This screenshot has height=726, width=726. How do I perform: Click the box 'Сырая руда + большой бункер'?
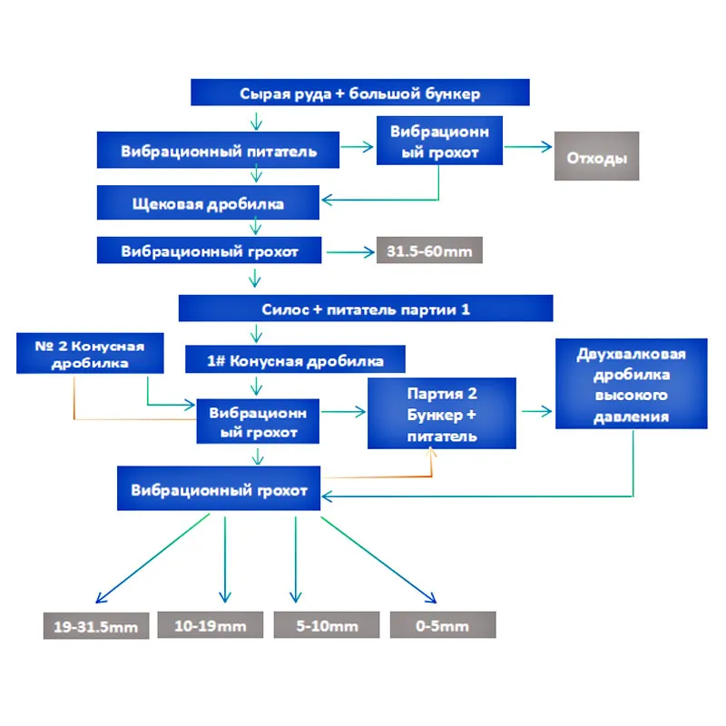(359, 93)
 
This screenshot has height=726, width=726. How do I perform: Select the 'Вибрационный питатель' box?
(219, 151)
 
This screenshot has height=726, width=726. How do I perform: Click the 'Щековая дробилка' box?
(209, 203)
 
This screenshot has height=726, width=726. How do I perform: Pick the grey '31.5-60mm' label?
(429, 251)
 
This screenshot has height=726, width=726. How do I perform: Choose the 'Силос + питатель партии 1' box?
(366, 309)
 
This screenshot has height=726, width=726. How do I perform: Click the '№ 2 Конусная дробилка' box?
(91, 353)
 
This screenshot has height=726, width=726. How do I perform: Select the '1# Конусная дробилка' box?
(296, 360)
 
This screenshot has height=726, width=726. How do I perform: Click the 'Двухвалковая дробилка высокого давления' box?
(631, 385)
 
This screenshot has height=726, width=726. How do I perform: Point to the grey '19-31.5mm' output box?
(95, 626)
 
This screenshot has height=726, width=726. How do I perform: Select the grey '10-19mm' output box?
(210, 625)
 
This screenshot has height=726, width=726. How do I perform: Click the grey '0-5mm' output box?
(443, 625)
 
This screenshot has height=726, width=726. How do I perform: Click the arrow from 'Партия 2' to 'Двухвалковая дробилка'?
(535, 411)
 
